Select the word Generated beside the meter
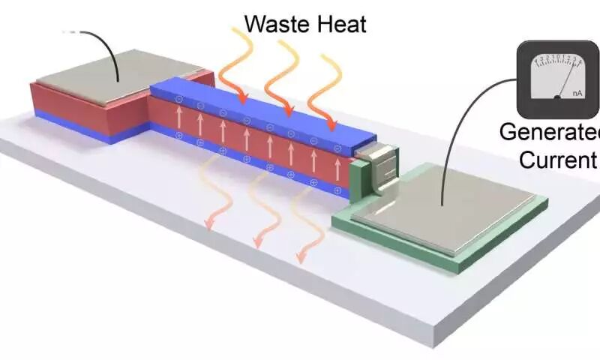click(550, 133)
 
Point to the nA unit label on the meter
click(578, 93)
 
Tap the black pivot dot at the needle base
click(556, 97)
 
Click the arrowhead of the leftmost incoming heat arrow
click(242, 99)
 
